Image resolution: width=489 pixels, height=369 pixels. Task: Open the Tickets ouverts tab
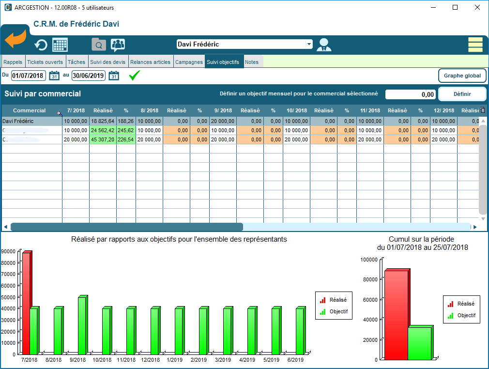click(45, 62)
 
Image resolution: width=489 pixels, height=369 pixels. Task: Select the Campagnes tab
click(189, 62)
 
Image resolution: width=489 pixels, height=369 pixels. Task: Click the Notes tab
click(251, 62)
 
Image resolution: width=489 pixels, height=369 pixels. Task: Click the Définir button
click(462, 94)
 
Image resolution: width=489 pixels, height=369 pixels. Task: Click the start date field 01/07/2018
click(28, 76)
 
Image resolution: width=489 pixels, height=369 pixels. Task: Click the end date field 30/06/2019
click(89, 76)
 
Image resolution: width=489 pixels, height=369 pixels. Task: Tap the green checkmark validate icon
click(135, 76)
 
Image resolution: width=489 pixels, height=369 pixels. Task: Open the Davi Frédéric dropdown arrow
click(309, 44)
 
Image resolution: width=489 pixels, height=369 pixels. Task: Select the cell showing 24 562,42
click(103, 130)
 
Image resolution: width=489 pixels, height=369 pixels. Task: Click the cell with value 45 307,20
click(103, 139)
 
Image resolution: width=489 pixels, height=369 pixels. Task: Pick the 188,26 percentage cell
click(126, 121)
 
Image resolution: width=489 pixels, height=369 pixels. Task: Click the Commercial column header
click(30, 110)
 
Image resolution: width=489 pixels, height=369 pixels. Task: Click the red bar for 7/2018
click(26, 303)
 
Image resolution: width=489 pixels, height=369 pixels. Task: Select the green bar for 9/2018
click(82, 325)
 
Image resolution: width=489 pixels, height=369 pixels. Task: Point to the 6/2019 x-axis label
click(295, 360)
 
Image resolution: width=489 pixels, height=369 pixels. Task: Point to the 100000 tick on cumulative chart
click(369, 260)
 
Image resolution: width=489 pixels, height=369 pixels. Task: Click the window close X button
click(477, 7)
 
